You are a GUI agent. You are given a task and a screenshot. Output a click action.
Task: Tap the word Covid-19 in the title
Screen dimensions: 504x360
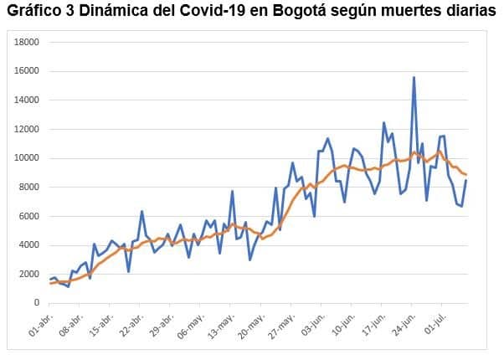[213, 11]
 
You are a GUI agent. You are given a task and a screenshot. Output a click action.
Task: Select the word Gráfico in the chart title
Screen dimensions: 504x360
[33, 11]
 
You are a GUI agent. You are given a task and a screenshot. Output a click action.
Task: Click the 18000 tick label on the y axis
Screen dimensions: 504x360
[26, 42]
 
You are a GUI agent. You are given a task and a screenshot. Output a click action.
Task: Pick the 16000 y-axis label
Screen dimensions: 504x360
[26, 71]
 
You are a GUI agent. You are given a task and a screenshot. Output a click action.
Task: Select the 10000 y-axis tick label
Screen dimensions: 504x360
[26, 158]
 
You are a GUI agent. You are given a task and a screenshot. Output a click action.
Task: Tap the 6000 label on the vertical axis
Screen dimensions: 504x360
[28, 216]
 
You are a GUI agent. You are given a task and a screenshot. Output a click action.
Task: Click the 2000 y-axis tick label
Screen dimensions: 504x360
[28, 274]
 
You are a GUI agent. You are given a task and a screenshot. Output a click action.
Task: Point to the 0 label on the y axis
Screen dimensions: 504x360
[37, 303]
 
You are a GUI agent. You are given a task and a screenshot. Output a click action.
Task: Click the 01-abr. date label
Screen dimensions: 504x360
[41, 324]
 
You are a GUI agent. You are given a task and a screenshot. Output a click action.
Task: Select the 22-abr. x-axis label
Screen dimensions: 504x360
[131, 324]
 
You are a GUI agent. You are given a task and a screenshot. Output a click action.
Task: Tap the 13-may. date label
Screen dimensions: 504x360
[221, 324]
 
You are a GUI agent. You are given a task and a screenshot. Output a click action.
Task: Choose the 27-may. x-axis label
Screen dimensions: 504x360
[281, 324]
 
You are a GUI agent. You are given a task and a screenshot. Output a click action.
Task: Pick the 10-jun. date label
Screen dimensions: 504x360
[343, 324]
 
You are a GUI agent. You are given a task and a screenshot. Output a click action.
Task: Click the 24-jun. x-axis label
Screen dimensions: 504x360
[404, 324]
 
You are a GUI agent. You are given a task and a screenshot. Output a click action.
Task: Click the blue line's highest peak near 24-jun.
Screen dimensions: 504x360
[414, 78]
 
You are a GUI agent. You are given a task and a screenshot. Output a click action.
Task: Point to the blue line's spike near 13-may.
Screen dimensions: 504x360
[232, 192]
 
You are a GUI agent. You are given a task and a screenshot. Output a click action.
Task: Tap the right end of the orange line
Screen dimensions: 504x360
[465, 174]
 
